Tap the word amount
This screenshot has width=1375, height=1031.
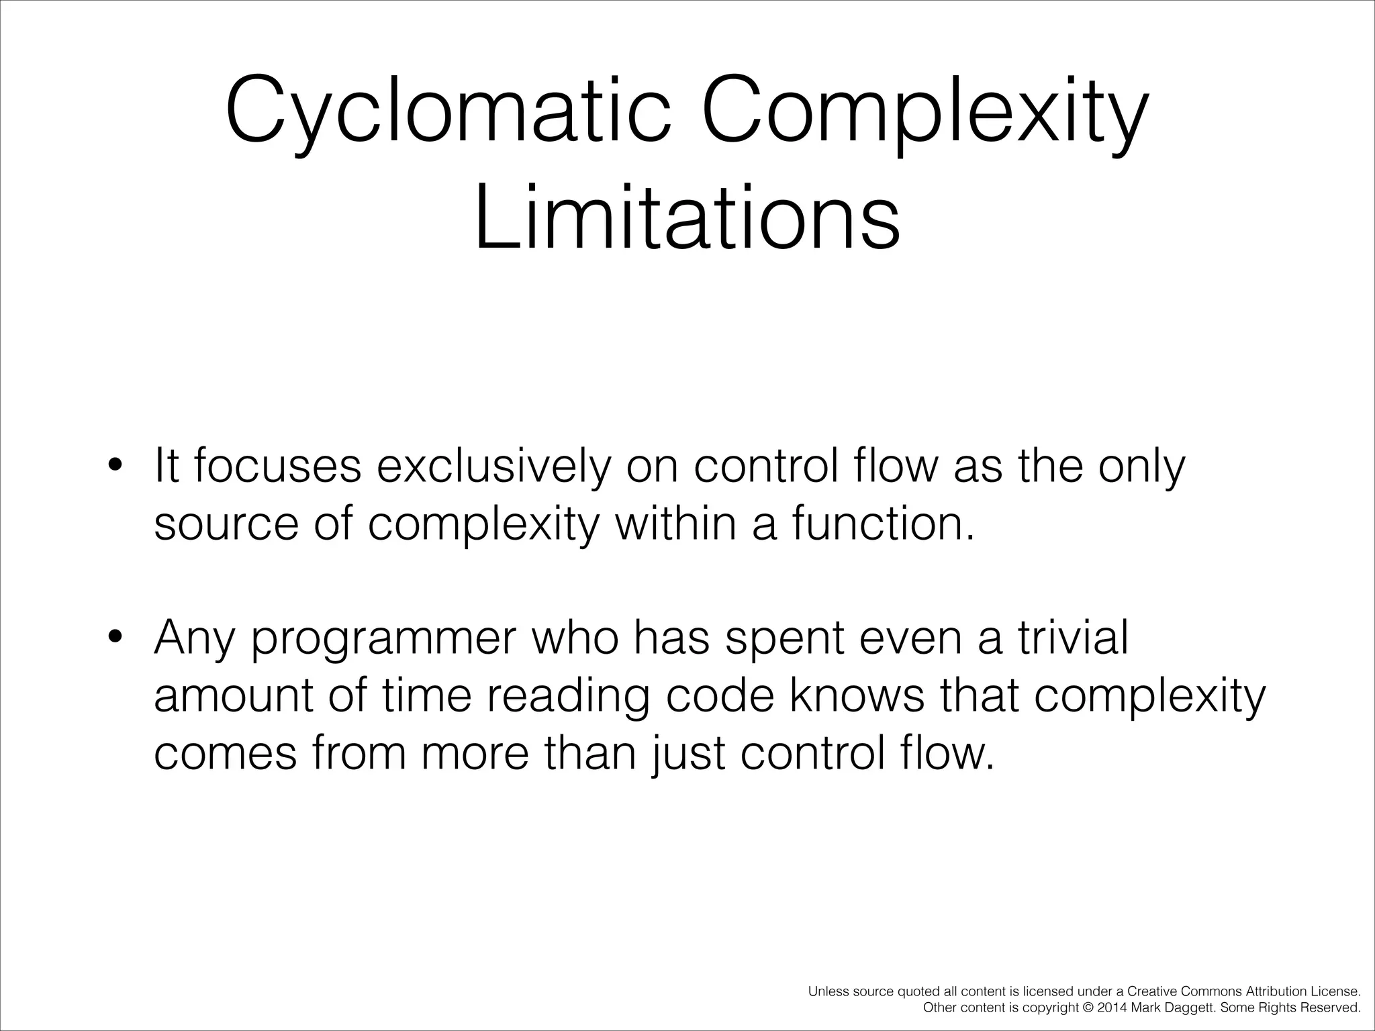tap(234, 695)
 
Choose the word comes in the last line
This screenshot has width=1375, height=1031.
tap(225, 754)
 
